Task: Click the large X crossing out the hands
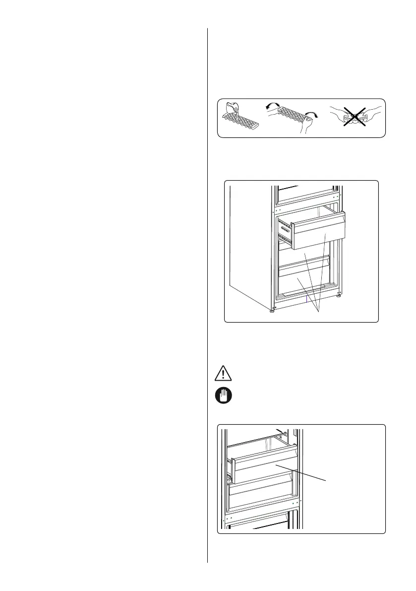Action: (357, 117)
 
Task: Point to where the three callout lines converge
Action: (318, 311)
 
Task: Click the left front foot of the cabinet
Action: (272, 311)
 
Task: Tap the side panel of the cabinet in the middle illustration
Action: (250, 248)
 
